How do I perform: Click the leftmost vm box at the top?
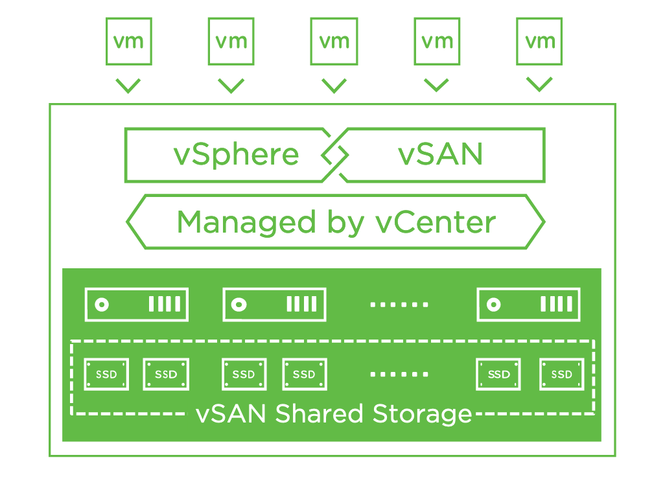(x=128, y=41)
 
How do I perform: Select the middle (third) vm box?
(x=334, y=41)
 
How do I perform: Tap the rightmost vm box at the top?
(x=539, y=41)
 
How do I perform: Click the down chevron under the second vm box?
(x=231, y=86)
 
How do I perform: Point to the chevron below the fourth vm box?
(x=436, y=86)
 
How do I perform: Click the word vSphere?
(x=237, y=155)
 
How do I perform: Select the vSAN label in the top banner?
(x=441, y=155)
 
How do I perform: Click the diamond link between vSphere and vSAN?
(x=335, y=155)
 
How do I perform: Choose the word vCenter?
(x=436, y=222)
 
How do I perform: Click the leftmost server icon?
(x=136, y=305)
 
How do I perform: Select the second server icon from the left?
(x=274, y=305)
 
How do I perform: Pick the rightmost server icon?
(x=528, y=305)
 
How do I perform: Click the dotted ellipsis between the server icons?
(x=399, y=305)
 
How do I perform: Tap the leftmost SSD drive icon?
(x=106, y=375)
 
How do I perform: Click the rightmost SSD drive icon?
(x=562, y=375)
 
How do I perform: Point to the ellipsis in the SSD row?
(x=399, y=375)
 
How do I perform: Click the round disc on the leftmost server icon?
(x=102, y=305)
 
